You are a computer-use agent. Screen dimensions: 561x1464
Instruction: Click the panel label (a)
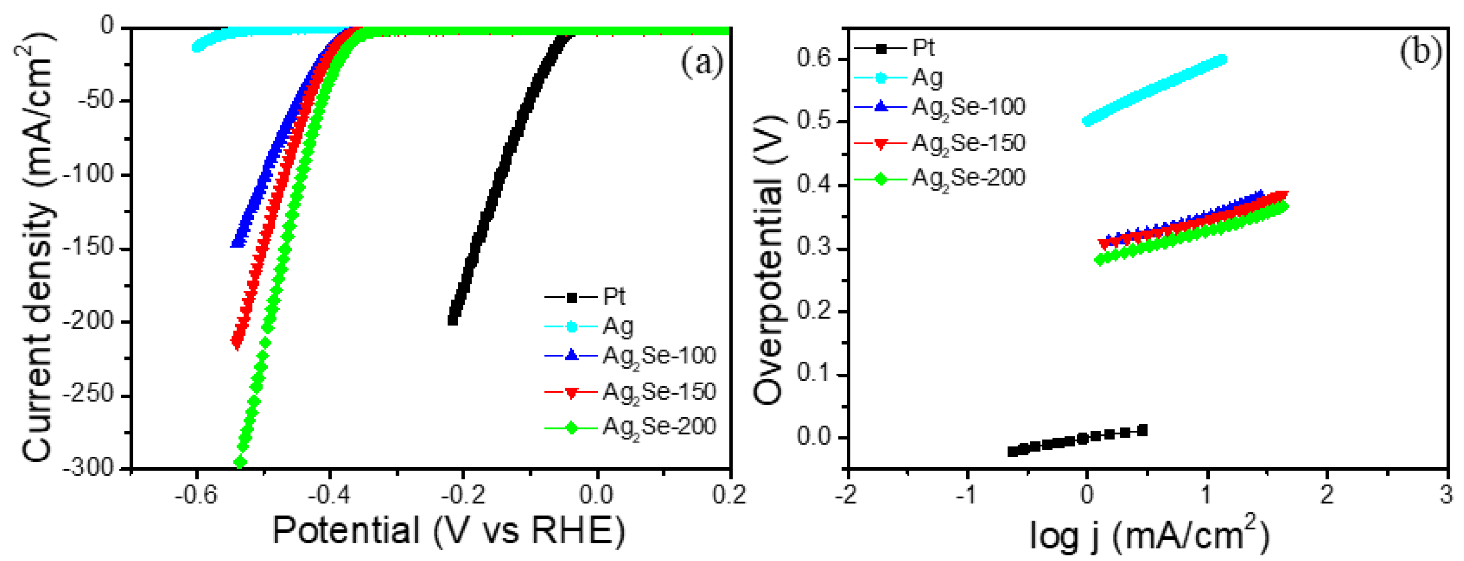[x=702, y=63]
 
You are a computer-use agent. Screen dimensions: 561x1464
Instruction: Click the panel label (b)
[x=1420, y=52]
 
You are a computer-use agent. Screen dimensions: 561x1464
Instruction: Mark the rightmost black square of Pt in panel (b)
[x=1142, y=430]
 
